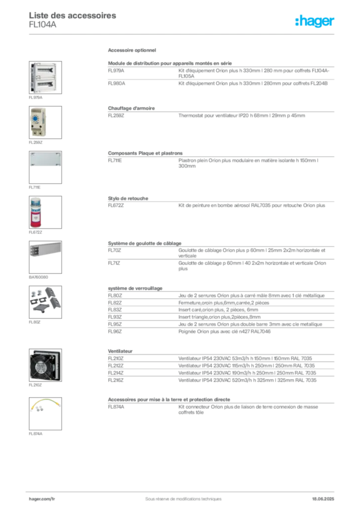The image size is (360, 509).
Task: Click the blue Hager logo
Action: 315,22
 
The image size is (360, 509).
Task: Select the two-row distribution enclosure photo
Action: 44,77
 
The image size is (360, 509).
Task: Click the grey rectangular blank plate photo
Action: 45,159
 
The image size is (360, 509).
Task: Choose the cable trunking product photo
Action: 45,249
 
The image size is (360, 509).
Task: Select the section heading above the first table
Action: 133,51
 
